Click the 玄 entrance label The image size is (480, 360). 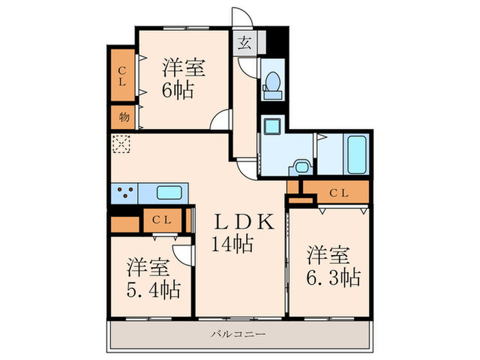[x=243, y=44]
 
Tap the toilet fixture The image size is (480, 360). [x=272, y=84]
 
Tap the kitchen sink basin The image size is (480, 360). [x=169, y=193]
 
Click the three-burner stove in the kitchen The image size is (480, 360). [x=124, y=193]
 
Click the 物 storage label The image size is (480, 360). [x=123, y=117]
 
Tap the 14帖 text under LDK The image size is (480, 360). [x=235, y=243]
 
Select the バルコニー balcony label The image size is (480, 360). [x=239, y=334]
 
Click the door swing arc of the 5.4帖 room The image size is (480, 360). [x=182, y=252]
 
